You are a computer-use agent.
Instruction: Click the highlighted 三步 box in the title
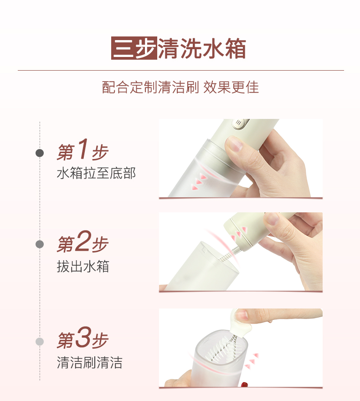[x=134, y=48]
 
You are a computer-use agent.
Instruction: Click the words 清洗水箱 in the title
[x=202, y=48]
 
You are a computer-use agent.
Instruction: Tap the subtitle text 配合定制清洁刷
[x=150, y=87]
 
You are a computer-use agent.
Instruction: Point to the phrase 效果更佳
[x=231, y=87]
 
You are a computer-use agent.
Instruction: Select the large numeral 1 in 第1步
[x=83, y=149]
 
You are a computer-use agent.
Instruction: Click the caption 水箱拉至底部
[x=96, y=173]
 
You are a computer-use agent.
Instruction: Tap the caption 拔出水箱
[x=83, y=267]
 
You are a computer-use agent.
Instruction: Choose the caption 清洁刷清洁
[x=90, y=363]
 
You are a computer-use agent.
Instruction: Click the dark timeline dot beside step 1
[x=40, y=153]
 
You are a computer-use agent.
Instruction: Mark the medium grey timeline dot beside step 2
[x=40, y=244]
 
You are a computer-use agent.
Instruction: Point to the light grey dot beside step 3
[x=40, y=341]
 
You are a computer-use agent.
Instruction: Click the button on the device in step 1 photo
[x=240, y=123]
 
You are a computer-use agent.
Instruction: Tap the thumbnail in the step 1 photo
[x=235, y=143]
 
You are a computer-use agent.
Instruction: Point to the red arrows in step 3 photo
[x=252, y=361]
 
